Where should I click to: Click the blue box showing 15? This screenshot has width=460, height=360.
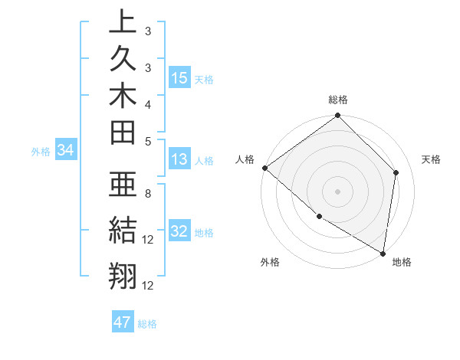click(179, 78)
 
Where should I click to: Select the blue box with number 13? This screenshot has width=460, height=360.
click(179, 160)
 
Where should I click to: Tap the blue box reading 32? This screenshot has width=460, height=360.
click(179, 232)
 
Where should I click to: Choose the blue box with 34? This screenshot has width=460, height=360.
click(66, 151)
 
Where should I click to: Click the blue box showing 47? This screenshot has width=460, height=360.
click(123, 322)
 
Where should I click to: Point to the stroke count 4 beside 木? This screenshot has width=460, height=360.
click(147, 103)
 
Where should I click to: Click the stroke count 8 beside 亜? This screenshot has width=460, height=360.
click(147, 194)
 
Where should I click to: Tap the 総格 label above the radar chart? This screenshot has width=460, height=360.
click(338, 100)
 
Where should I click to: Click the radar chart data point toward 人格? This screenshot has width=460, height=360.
click(264, 168)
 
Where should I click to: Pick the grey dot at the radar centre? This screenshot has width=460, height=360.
click(337, 191)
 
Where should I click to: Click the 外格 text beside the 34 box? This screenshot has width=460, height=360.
click(41, 152)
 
